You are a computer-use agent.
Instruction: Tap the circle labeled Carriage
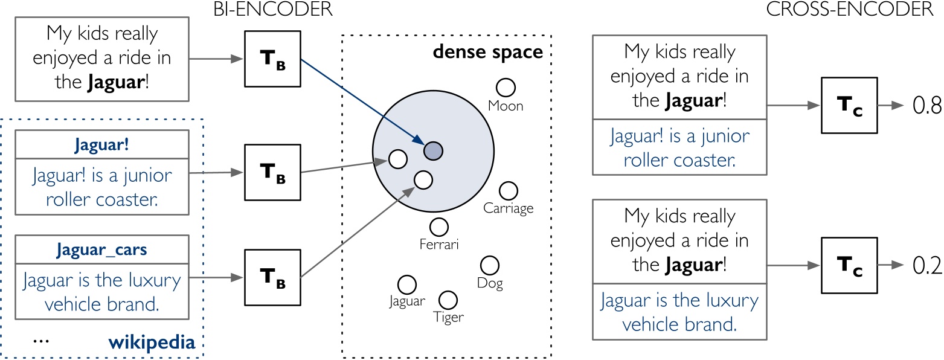509,191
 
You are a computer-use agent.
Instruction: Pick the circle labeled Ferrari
439,227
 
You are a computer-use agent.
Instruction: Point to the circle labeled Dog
489,265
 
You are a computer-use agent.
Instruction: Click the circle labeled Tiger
448,299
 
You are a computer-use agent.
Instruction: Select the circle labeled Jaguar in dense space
406,284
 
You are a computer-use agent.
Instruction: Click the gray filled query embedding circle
433,150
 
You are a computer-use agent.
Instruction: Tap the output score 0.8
928,105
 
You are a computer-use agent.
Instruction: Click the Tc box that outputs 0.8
840,106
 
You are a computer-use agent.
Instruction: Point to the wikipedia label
152,343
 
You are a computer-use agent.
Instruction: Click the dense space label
488,53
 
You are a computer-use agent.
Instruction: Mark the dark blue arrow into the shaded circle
362,103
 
